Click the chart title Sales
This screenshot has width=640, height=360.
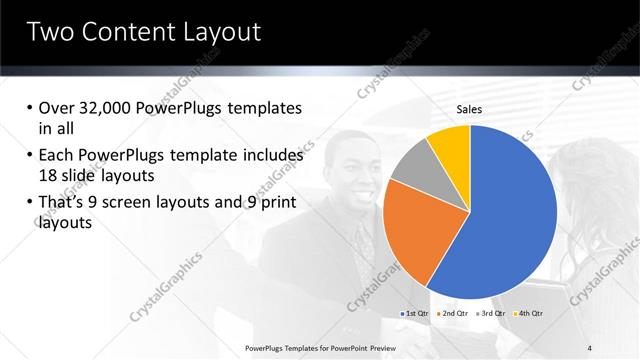470,109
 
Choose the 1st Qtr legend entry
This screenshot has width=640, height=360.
416,314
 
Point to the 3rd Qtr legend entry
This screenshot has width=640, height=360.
492,314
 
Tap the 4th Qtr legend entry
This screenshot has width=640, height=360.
530,314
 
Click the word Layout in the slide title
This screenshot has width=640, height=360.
220,32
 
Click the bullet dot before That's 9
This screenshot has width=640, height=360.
30,203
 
